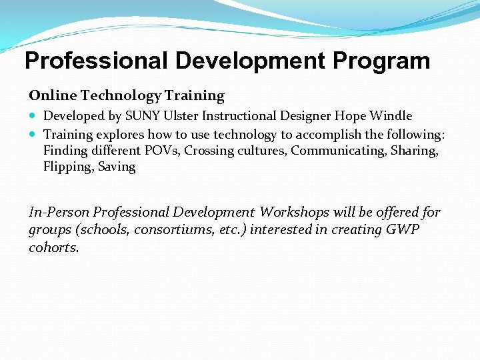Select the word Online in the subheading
coord(49,96)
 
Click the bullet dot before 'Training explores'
coord(33,135)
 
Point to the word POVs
coord(162,151)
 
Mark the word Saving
coord(117,167)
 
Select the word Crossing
coord(208,151)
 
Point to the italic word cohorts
coord(53,247)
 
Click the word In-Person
coord(59,213)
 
